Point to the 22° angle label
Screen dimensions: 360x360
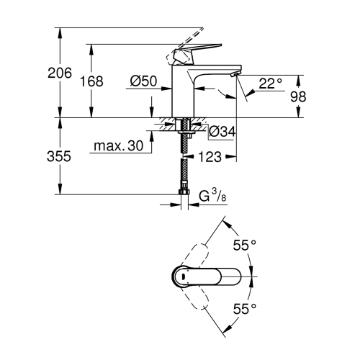coord(270,84)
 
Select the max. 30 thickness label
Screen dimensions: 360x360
coord(119,146)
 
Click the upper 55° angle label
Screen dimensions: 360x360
coord(244,246)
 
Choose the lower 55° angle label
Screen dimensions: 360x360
coord(244,309)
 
